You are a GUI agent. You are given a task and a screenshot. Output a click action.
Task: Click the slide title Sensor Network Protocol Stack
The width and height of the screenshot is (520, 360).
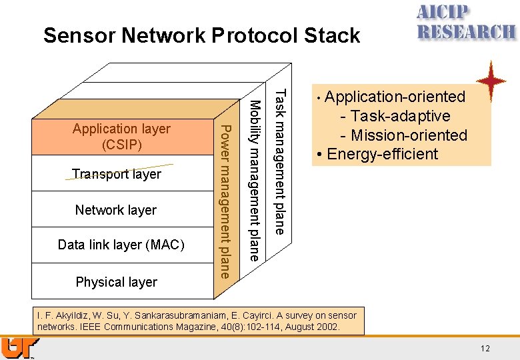point(201,35)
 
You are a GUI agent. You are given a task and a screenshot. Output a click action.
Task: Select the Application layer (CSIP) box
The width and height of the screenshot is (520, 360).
point(121,137)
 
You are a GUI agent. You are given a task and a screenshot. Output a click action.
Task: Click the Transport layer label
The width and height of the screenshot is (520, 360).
point(117,174)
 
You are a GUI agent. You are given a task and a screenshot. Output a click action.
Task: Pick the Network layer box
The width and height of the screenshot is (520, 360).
point(116,210)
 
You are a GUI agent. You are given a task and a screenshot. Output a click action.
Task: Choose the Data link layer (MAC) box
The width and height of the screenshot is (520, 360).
point(121,245)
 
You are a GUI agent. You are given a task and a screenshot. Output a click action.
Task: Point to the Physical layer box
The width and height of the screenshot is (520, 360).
point(117,282)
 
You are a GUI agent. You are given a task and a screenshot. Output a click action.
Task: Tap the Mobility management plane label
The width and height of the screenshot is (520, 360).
point(254,180)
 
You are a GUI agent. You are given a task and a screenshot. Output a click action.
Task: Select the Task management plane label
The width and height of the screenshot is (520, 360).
point(281,162)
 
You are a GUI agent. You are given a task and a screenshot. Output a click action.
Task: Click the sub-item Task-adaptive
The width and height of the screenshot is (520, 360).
point(399,116)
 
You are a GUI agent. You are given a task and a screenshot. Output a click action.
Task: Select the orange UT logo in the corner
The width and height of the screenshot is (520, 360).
point(19,349)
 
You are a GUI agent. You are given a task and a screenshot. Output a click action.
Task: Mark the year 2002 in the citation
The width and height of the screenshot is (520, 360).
point(327,327)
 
